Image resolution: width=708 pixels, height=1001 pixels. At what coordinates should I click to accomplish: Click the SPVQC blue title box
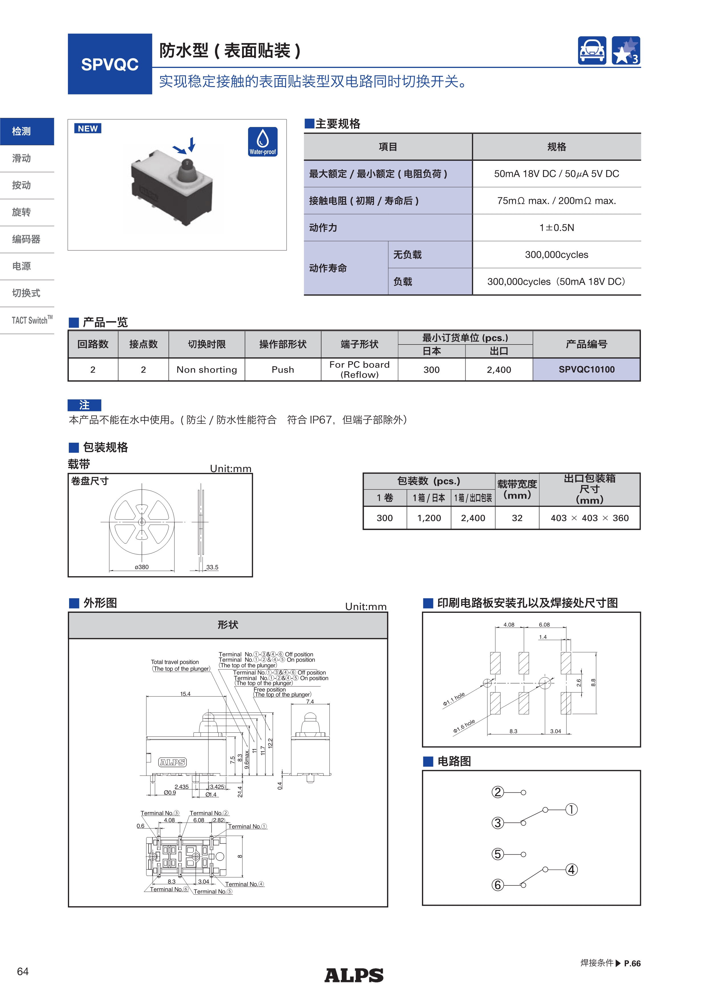pos(110,64)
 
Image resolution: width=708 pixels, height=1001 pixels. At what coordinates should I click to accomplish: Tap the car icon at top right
pos(592,51)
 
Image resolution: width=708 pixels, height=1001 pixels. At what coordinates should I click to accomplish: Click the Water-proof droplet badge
pos(262,142)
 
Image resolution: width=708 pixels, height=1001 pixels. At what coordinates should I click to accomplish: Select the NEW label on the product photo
pos(88,129)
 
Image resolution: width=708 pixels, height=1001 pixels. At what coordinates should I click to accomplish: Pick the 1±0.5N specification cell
pos(556,227)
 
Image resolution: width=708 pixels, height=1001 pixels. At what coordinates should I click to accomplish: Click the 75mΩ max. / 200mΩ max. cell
pos(556,201)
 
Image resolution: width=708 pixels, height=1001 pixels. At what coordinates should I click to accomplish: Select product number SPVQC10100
pos(586,370)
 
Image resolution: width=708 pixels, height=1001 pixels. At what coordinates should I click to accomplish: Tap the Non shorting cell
pos(207,370)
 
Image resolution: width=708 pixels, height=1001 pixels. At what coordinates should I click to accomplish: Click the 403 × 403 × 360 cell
pos(590,518)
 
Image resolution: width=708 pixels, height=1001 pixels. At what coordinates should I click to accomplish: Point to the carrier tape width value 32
pos(517,518)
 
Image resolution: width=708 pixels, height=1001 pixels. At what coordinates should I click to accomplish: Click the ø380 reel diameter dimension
pos(142,567)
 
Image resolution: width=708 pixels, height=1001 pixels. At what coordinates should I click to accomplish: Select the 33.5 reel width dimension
pos(212,567)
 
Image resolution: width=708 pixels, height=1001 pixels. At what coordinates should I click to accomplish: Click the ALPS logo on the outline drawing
pos(173,762)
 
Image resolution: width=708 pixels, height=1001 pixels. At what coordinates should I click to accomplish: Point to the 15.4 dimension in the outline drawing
pos(185,694)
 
